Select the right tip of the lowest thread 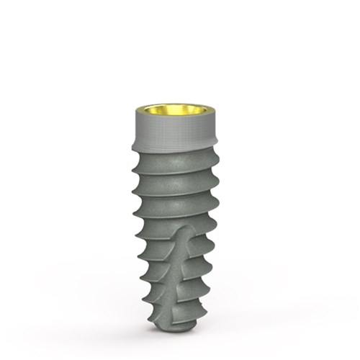(x=204, y=303)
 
